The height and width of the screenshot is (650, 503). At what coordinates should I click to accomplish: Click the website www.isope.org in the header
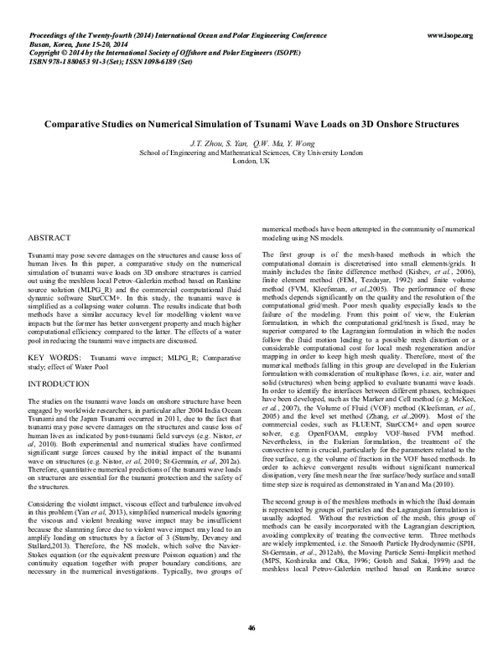(450, 35)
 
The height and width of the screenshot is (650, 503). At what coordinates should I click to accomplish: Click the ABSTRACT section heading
(49, 239)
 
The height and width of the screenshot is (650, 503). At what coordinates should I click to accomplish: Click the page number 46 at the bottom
(251, 627)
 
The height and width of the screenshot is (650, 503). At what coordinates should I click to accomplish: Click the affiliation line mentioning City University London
(251, 152)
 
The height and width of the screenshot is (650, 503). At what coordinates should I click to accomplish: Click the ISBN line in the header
(101, 60)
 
